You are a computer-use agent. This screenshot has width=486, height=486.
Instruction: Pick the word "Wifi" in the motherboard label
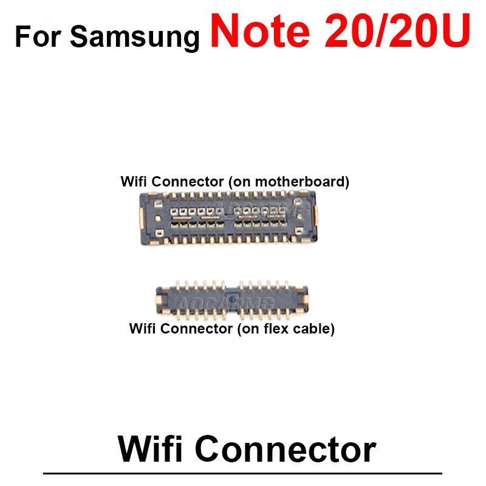133,181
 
